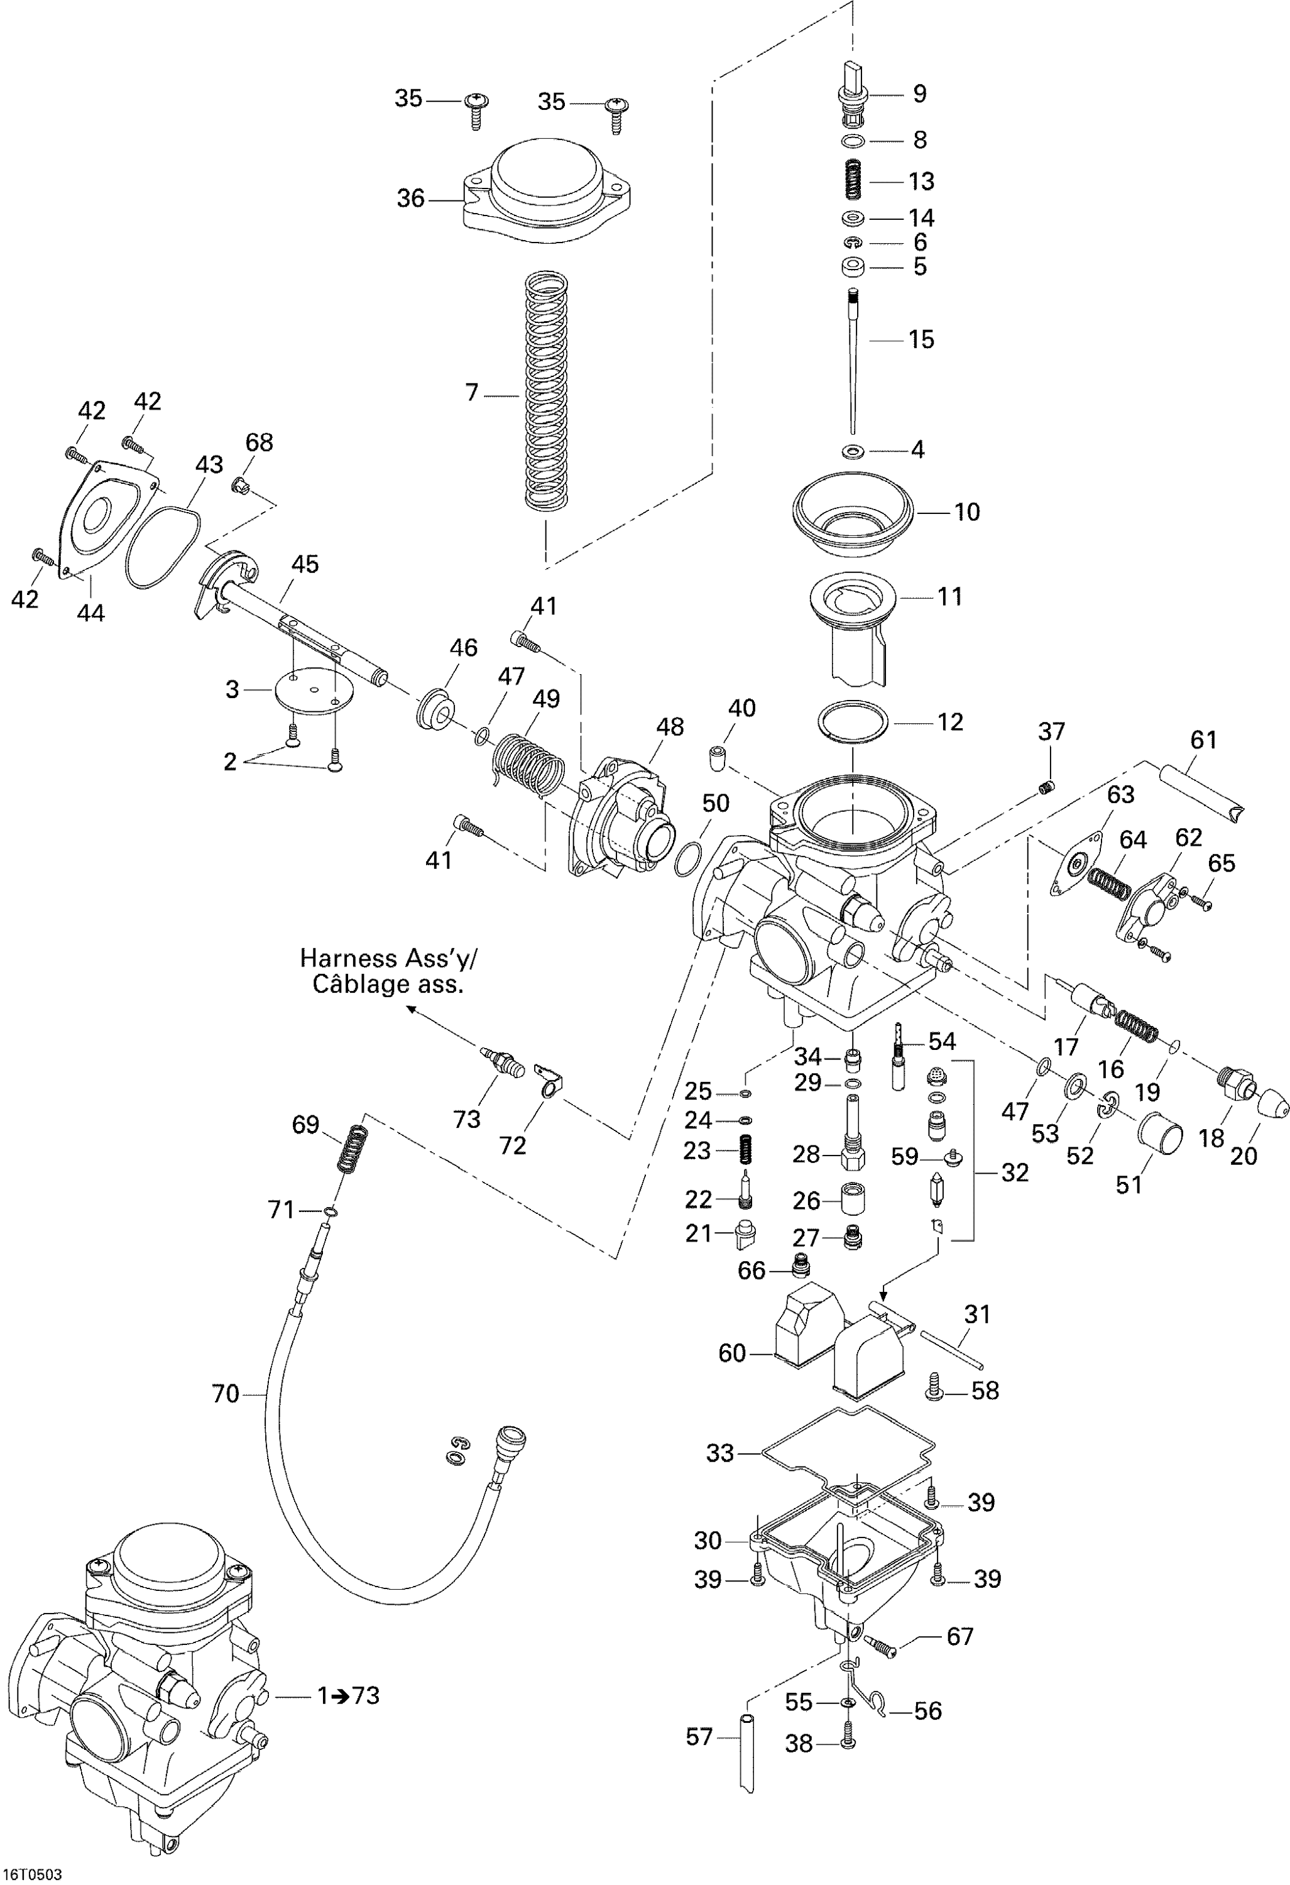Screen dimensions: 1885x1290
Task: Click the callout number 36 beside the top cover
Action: coord(410,198)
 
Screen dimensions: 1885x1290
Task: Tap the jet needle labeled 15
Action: coord(853,365)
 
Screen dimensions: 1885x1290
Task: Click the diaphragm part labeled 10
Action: coord(852,513)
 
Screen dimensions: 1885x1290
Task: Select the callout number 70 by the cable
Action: coord(226,1394)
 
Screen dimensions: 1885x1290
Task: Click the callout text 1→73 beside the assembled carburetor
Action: coord(348,1695)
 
